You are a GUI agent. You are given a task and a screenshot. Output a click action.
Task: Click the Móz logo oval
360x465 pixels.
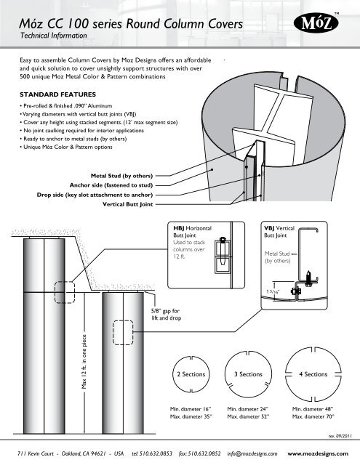[x=316, y=23]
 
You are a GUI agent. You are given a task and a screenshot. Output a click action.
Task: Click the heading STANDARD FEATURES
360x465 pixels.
[x=58, y=94]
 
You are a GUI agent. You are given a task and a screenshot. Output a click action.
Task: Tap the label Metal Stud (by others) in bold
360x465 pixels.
[x=121, y=176]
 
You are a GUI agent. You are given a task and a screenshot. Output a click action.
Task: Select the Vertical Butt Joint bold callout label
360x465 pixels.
[x=127, y=204]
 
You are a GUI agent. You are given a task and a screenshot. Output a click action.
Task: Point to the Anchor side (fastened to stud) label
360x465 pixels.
[x=111, y=185]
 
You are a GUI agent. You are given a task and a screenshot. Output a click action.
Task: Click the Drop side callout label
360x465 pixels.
[x=95, y=195]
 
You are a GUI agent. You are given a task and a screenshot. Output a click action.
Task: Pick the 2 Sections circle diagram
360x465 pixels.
[x=191, y=374]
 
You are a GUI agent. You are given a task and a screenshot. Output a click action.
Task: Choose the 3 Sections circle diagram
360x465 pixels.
[x=248, y=374]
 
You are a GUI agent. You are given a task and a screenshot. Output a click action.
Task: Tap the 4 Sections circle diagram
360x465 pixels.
[x=313, y=374]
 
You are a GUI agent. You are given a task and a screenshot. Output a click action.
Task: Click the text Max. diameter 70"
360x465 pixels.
[x=313, y=416]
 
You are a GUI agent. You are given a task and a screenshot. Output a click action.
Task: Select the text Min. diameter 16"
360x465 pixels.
[x=191, y=409]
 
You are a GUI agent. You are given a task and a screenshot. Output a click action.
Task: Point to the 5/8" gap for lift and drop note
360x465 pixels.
[x=167, y=315]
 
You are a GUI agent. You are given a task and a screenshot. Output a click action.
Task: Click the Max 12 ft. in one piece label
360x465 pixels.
[x=84, y=362]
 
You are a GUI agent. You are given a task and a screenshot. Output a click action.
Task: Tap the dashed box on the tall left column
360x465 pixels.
[x=65, y=292]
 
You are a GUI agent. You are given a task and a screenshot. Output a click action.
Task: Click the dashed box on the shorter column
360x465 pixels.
[x=123, y=333]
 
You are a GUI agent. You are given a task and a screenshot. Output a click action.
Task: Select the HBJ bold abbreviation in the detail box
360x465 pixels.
[x=179, y=228]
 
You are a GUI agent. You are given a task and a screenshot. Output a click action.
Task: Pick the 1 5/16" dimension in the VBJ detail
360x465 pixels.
[x=273, y=292]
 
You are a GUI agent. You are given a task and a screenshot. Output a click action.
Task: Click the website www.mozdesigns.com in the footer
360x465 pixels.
[x=318, y=453]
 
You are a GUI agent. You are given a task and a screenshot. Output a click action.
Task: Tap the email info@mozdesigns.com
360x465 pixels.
[x=252, y=453]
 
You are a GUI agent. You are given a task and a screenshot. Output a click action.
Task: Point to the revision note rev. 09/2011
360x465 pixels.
[x=340, y=436]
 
